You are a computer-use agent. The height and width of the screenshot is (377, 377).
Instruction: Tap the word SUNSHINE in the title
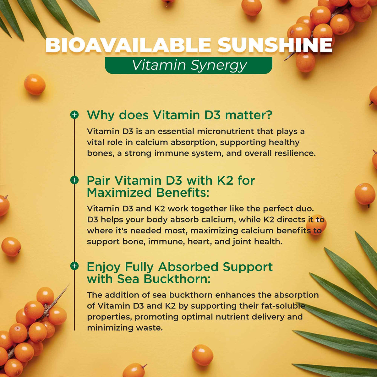pos(275,45)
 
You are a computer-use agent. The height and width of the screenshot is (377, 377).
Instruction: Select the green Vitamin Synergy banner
pos(188,65)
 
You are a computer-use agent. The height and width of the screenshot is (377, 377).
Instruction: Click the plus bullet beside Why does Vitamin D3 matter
pos(74,115)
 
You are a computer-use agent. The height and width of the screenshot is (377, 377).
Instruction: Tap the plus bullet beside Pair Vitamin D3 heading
pos(74,180)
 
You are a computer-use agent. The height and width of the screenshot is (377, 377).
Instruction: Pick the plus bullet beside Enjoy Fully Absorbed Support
pos(74,266)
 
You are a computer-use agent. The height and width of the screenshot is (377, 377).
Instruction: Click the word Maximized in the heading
pos(120,193)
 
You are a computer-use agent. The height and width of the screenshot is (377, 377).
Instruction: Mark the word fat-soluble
pos(284,306)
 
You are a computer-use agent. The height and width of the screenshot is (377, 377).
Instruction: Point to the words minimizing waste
pos(125,328)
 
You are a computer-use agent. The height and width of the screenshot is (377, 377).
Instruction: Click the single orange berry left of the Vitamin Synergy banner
pos(35,84)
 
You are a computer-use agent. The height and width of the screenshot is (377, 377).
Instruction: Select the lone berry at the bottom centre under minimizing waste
pos(202,355)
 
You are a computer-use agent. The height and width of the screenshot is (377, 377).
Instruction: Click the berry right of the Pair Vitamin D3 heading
pos(365,194)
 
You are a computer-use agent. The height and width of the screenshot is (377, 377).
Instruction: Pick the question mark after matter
pos(268,115)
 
